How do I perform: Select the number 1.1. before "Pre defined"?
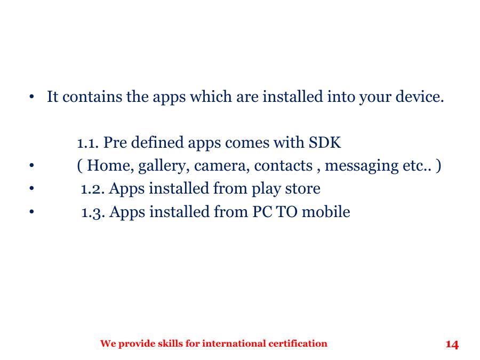click(x=88, y=143)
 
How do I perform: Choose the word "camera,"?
click(x=221, y=166)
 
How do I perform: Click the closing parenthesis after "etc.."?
click(x=438, y=166)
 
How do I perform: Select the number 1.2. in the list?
click(x=93, y=189)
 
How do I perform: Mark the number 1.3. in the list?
click(x=93, y=212)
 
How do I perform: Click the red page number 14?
click(x=452, y=345)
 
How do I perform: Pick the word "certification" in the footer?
click(x=298, y=343)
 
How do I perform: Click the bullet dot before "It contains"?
click(x=33, y=98)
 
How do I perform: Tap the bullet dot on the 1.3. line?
click(x=33, y=212)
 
